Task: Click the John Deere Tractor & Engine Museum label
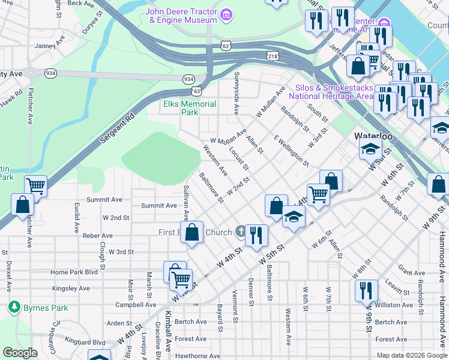[182, 16]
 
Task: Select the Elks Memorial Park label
[190, 108]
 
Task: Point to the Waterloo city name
[373, 136]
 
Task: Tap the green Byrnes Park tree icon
[14, 307]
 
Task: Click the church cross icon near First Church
[240, 232]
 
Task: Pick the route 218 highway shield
[273, 56]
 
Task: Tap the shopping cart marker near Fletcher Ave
[36, 186]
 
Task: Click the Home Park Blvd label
[74, 272]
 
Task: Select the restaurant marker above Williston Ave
[366, 290]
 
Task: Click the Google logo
[20, 353]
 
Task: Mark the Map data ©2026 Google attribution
[412, 355]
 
